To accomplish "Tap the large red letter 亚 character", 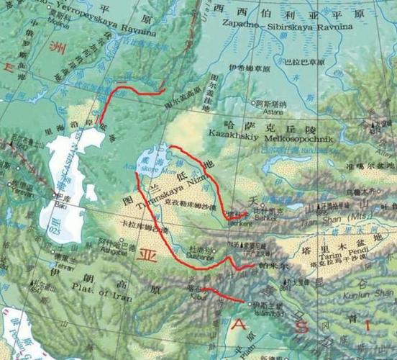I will (x=149, y=257).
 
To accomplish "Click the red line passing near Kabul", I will (x=223, y=295).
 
